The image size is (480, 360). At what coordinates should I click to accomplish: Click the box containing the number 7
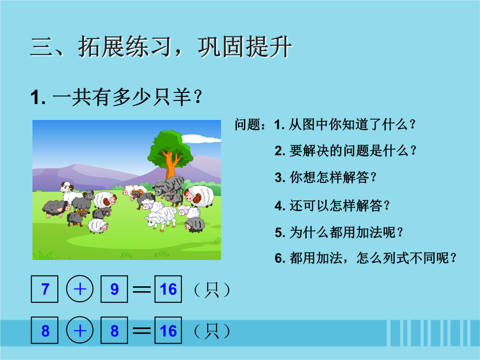coord(45,289)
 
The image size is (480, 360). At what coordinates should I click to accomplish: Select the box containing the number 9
coord(114,289)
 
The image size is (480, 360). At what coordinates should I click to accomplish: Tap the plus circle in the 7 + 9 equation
coord(80,289)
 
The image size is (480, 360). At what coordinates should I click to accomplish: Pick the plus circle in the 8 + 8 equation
coord(80,330)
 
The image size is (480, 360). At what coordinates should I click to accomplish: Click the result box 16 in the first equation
coord(168,289)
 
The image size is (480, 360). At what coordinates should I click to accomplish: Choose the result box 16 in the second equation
coord(168,330)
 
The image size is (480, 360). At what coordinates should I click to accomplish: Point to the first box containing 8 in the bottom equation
coord(45,330)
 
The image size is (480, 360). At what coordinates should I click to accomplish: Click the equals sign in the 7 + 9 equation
coord(141,289)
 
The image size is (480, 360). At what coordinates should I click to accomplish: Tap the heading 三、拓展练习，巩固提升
coord(161,47)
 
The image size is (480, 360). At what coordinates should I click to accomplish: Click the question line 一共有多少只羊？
coord(116,97)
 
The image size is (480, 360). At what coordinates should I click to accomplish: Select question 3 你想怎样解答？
coord(325,177)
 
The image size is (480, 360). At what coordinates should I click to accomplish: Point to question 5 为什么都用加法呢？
coord(339,232)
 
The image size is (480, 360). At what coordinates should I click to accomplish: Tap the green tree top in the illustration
coord(170,147)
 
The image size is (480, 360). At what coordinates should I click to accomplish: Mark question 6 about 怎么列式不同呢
coord(365,258)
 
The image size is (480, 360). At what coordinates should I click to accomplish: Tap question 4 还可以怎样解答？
coord(332,205)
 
